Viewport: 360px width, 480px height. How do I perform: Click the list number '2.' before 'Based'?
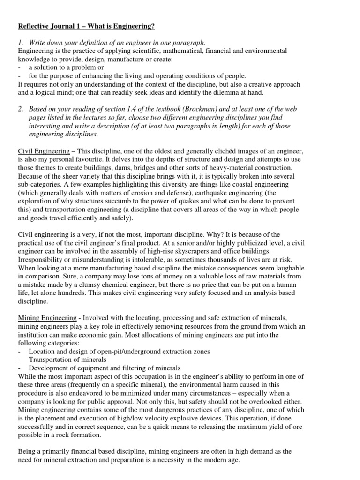click(x=20, y=109)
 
